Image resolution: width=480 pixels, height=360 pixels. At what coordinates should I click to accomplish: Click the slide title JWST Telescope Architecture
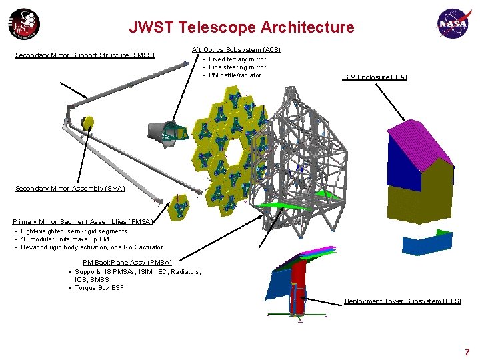[241, 27]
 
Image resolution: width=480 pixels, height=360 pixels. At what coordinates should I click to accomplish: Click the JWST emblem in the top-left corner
[24, 25]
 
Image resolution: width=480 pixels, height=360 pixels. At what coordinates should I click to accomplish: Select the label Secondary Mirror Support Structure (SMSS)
[85, 55]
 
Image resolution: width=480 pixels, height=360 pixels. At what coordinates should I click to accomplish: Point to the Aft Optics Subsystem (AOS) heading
[236, 50]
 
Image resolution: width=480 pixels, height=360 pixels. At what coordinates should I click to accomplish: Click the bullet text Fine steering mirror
[237, 67]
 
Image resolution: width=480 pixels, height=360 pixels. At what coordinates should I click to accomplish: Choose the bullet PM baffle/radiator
[235, 75]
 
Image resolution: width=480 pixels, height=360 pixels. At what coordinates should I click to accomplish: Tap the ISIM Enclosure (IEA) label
[374, 77]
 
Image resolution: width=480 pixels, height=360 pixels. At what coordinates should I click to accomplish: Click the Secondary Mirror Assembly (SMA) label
[70, 189]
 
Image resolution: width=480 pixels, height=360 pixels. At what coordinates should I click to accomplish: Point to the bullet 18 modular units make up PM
[65, 239]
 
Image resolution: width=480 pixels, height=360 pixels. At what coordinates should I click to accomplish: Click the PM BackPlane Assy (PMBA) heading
[127, 263]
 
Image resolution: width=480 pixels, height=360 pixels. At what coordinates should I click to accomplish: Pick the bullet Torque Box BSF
[99, 288]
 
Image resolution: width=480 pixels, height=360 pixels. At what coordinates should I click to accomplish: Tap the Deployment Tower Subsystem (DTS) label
[403, 301]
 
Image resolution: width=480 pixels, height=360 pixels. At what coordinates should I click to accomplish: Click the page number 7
[467, 351]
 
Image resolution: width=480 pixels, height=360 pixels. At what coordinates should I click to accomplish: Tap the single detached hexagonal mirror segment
[179, 207]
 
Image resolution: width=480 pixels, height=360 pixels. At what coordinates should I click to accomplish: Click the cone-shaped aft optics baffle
[157, 133]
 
